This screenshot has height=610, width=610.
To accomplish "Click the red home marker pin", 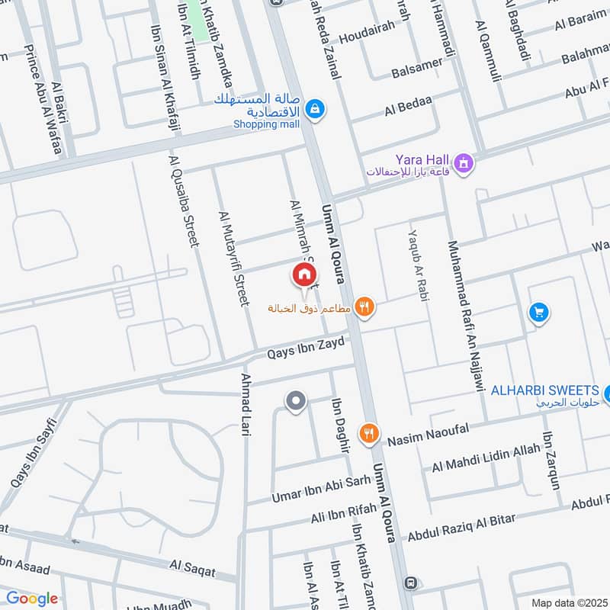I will tap(303, 274).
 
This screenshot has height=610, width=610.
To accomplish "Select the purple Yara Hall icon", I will tap(462, 162).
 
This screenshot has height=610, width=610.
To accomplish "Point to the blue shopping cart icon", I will tap(539, 313).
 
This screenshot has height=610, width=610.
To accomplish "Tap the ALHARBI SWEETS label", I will tap(544, 390).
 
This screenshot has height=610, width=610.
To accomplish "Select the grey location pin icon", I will tap(295, 400).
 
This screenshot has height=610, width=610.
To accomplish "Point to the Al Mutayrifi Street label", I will tap(234, 259).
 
